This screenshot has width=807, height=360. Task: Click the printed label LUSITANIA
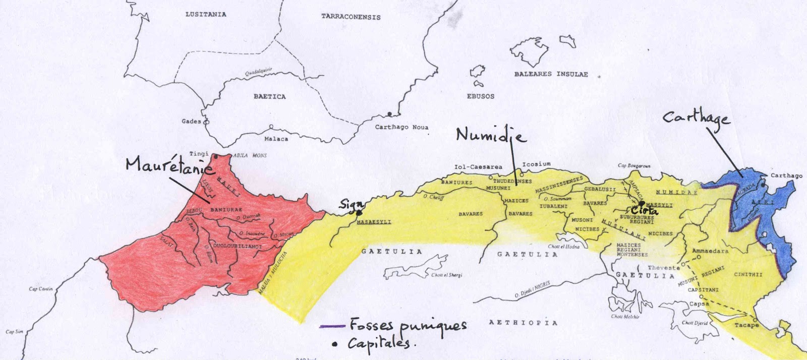coord(206,14)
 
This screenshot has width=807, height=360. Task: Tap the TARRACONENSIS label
coord(351,17)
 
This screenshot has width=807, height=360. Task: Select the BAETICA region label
coord(269,96)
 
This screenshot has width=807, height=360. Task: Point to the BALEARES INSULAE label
coord(551,74)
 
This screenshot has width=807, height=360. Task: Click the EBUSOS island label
coord(480,96)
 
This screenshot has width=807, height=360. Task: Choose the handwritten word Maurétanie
coord(169,165)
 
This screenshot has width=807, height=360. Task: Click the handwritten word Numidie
coord(490,135)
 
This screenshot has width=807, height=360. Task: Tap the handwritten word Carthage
coord(696,118)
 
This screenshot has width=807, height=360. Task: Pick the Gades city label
coord(191,121)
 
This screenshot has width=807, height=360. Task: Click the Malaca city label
coord(276,139)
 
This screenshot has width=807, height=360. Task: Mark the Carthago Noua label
coord(401,127)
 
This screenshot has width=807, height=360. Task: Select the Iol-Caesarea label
coord(478,166)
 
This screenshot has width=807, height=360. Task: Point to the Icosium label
coord(536,164)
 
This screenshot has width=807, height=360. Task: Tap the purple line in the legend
coord(332,326)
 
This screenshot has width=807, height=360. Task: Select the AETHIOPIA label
coord(523,323)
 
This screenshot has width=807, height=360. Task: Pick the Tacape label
coord(746,325)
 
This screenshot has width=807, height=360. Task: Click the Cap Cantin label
coord(40,289)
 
